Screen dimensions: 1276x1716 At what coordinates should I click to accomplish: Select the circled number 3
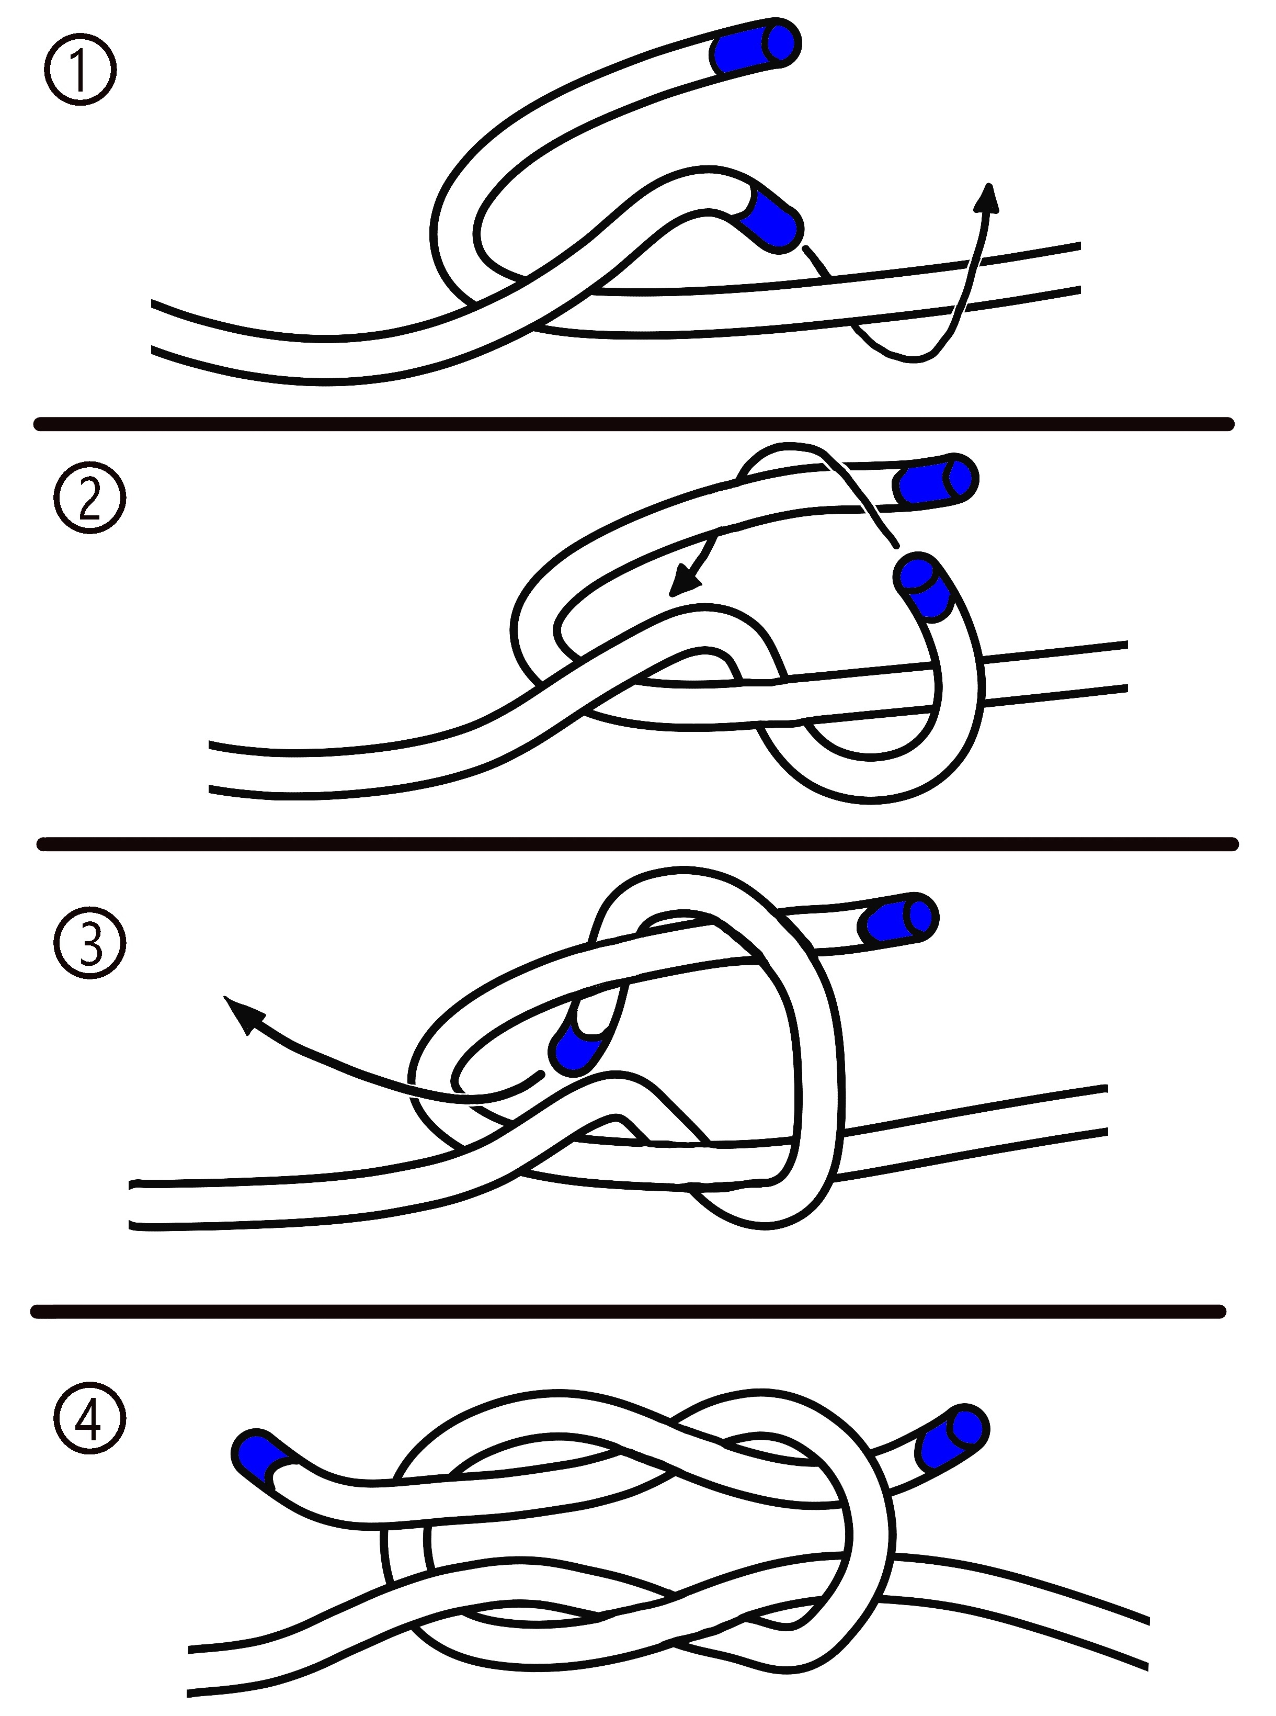click(x=89, y=943)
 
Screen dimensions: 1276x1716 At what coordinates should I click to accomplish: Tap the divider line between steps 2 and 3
click(x=638, y=844)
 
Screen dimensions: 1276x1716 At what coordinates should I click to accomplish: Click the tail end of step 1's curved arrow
click(x=806, y=247)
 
